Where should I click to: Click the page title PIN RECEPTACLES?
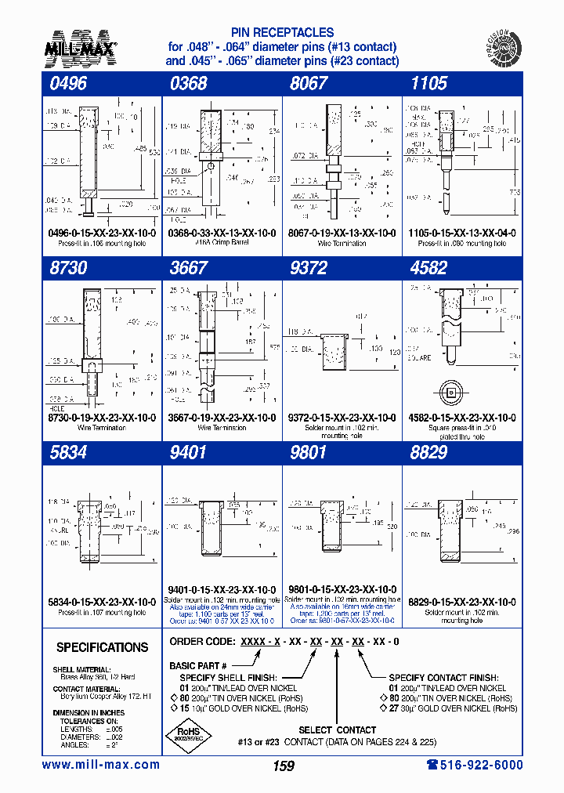coord(283,33)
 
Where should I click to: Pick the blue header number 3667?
coord(189,268)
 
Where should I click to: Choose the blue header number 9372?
coord(309,268)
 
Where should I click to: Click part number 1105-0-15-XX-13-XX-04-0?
coord(461,234)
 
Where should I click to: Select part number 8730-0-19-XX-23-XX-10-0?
coord(101,418)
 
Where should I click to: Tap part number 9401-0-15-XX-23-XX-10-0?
coord(222,589)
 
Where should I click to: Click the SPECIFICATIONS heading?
coord(102,647)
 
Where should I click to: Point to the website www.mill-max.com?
coord(100,765)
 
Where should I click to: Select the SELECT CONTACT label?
coord(338,730)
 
